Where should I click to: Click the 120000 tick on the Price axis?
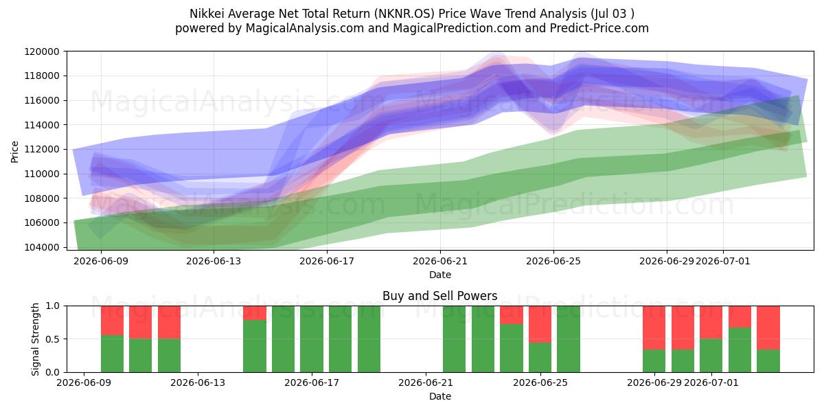(x=42, y=51)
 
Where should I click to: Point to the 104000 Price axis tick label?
(x=42, y=247)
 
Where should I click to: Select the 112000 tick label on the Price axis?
(x=42, y=150)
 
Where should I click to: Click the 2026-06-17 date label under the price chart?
(x=327, y=261)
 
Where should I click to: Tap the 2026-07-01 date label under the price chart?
(x=723, y=261)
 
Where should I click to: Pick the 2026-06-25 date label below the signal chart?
(x=540, y=382)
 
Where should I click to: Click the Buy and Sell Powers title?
(x=440, y=296)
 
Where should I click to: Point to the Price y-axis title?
(x=14, y=152)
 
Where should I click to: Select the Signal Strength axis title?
(x=35, y=339)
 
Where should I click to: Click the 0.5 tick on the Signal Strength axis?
(x=53, y=339)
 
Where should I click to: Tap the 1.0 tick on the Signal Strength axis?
(x=53, y=306)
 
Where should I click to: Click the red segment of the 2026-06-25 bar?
(x=540, y=324)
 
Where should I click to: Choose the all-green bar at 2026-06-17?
(x=312, y=339)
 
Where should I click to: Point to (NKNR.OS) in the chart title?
(x=404, y=14)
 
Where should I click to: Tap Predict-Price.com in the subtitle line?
(x=599, y=28)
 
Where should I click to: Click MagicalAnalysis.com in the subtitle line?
(x=305, y=28)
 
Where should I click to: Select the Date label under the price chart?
(x=440, y=275)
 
